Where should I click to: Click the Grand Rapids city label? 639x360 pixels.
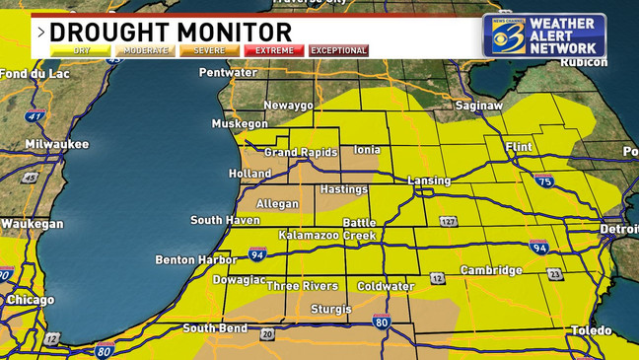[301, 153]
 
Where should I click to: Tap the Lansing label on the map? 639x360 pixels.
[429, 181]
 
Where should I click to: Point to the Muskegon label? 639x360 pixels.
[240, 124]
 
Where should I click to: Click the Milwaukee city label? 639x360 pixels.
[57, 145]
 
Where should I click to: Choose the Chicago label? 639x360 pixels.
[31, 300]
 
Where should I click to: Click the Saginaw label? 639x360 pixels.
[479, 105]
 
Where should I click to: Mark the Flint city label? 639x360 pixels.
[518, 147]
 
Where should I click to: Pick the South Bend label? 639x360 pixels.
[214, 328]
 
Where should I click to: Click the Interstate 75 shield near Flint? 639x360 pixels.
[543, 181]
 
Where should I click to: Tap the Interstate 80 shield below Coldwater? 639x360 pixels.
[382, 322]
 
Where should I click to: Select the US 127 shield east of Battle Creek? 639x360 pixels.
[449, 222]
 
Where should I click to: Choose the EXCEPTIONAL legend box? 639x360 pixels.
[338, 50]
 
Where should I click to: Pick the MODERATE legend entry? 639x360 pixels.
[145, 50]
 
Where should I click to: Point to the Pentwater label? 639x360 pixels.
[228, 73]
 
